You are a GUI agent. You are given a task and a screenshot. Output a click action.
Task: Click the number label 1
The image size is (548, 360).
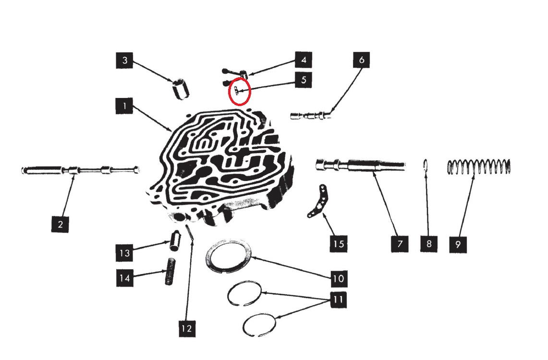pyautogui.click(x=124, y=106)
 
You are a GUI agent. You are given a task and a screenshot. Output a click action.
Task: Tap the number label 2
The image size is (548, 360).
pyautogui.click(x=60, y=224)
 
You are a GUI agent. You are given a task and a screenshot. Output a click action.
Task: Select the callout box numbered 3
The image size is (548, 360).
pyautogui.click(x=124, y=60)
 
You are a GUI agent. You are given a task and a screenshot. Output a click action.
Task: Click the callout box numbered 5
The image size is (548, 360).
pyautogui.click(x=303, y=80)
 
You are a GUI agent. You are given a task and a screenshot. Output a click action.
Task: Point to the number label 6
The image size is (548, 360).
pyautogui.click(x=361, y=60)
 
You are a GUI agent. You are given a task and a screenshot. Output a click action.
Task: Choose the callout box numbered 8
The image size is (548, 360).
pyautogui.click(x=429, y=243)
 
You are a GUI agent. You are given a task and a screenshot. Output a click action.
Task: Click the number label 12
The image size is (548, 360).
pyautogui.click(x=187, y=328)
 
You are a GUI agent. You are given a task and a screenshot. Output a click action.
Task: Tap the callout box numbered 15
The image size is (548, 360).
pyautogui.click(x=338, y=243)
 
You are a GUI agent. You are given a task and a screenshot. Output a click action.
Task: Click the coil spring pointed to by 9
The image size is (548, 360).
pyautogui.click(x=479, y=167)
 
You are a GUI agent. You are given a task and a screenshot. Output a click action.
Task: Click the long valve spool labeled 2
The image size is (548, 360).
pyautogui.click(x=80, y=170)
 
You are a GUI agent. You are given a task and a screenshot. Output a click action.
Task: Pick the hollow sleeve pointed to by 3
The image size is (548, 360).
pyautogui.click(x=181, y=89)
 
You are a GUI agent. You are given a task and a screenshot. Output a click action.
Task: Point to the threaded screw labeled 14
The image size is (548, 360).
pyautogui.click(x=170, y=272)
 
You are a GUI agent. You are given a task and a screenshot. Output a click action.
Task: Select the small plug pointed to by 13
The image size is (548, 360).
pyautogui.click(x=174, y=240)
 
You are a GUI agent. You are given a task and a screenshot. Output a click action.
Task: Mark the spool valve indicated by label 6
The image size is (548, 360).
pyautogui.click(x=311, y=115)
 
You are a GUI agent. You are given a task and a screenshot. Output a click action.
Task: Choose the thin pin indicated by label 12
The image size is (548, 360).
pyautogui.click(x=190, y=232)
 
